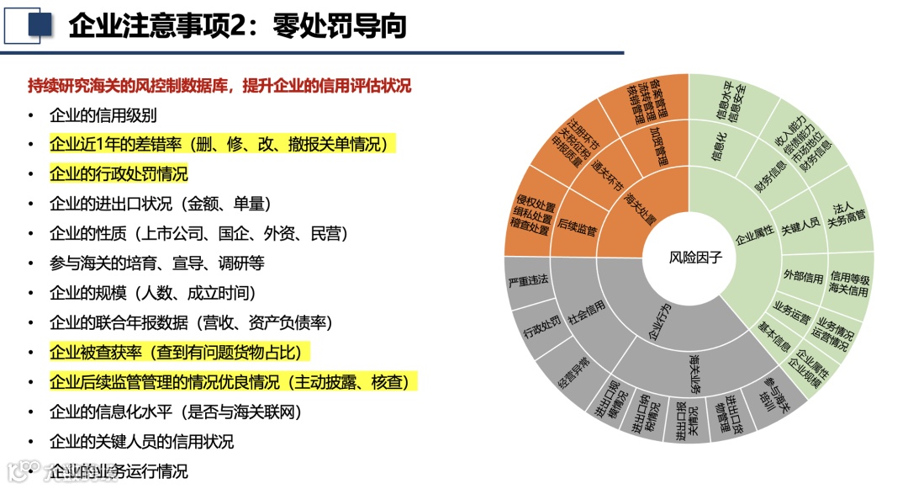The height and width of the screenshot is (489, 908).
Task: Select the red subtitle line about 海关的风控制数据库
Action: point(219,86)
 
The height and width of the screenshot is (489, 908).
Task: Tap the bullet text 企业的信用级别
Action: point(103,115)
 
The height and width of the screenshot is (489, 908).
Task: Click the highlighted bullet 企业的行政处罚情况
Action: point(119,174)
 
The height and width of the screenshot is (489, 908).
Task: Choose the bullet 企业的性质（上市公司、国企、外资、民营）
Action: point(198,233)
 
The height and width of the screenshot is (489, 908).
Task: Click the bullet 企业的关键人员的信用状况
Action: point(141,441)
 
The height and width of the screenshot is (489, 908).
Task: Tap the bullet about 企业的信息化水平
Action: point(175,412)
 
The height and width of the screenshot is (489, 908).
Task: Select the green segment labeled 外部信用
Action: point(803,276)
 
